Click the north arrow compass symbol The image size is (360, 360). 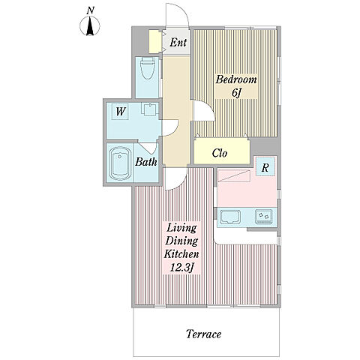click(90, 25)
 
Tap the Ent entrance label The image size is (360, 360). click(178, 42)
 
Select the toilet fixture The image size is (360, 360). click(147, 68)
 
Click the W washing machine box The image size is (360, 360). click(120, 112)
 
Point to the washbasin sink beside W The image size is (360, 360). click(149, 109)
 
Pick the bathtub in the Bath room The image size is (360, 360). click(121, 163)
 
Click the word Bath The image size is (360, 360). click(146, 161)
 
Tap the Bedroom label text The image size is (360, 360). click(236, 80)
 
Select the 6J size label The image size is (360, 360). click(236, 93)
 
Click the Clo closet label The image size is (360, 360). click(220, 153)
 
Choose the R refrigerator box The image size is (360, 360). click(265, 166)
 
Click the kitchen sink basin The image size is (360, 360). click(230, 217)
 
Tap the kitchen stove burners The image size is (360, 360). click(264, 217)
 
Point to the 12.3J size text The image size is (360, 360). click(182, 268)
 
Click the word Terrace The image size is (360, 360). click(204, 334)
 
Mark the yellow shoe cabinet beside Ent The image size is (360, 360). click(155, 41)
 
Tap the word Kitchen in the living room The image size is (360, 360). click(181, 254)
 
